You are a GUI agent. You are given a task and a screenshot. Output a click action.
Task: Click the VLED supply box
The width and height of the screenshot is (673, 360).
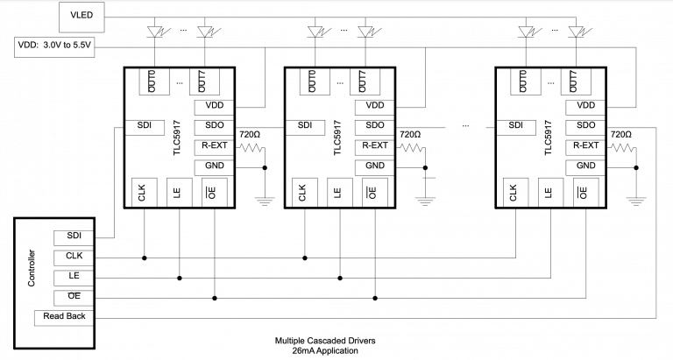tap(81, 13)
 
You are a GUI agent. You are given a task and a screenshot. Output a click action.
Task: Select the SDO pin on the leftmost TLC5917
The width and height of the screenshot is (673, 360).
tap(215, 126)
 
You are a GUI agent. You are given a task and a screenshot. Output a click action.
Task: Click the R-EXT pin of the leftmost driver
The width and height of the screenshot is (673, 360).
tap(215, 146)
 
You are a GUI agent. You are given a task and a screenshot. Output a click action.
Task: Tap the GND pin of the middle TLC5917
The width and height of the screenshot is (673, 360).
tap(374, 166)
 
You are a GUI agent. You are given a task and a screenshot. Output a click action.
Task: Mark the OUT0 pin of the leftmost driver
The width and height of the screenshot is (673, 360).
tap(150, 81)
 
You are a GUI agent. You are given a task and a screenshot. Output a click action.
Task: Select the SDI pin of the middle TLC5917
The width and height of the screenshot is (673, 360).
tap(305, 126)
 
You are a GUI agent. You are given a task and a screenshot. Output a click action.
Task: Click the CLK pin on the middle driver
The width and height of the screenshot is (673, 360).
tap(303, 192)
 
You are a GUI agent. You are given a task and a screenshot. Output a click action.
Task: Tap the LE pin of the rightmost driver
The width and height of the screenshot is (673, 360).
tap(548, 192)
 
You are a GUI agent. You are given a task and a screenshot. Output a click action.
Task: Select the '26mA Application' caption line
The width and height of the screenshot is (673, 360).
tap(315, 350)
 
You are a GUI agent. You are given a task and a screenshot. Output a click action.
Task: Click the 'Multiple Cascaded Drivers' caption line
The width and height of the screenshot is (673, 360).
tap(315, 339)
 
